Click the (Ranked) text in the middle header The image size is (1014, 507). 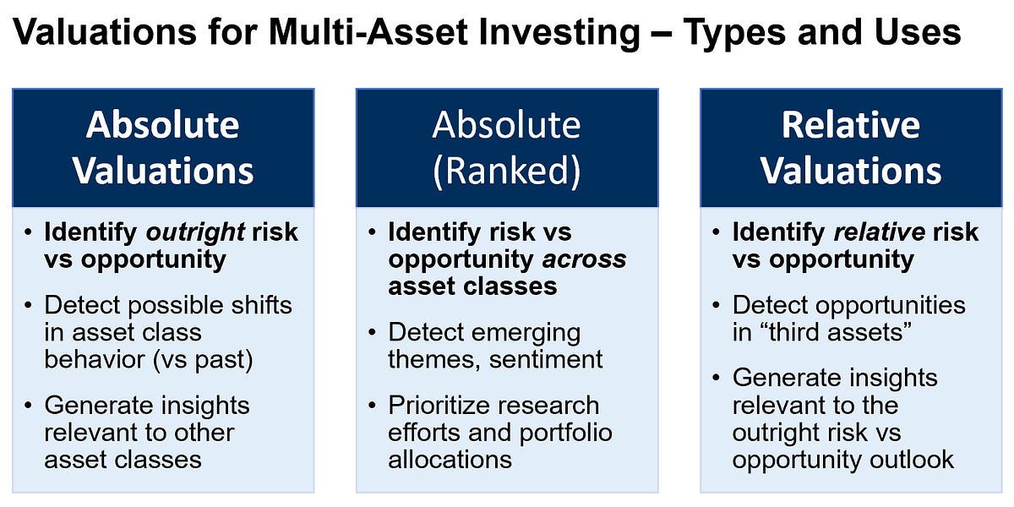(506, 170)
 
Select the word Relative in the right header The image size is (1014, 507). (850, 125)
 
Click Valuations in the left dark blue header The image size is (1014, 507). (163, 170)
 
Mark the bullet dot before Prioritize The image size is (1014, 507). (373, 406)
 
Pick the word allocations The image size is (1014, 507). (450, 459)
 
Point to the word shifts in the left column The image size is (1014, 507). (253, 304)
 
